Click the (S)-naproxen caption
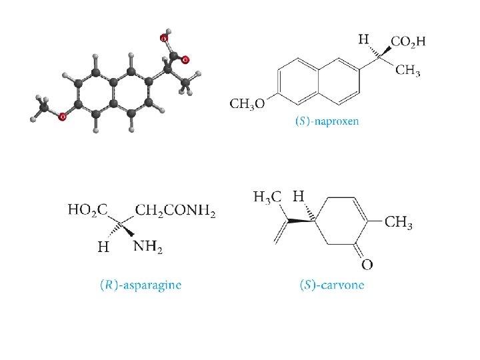[327, 121]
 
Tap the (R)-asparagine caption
[139, 285]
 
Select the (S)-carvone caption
[332, 285]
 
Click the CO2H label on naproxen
[408, 41]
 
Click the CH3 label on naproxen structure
[408, 69]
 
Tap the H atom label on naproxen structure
[364, 39]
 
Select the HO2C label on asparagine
[88, 211]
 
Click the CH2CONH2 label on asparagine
[176, 211]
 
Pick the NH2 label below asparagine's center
[148, 247]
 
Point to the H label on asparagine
[102, 247]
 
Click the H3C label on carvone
[268, 197]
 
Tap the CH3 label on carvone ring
[399, 223]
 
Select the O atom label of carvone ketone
[367, 265]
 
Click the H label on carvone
[299, 197]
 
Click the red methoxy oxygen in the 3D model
[62, 117]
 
